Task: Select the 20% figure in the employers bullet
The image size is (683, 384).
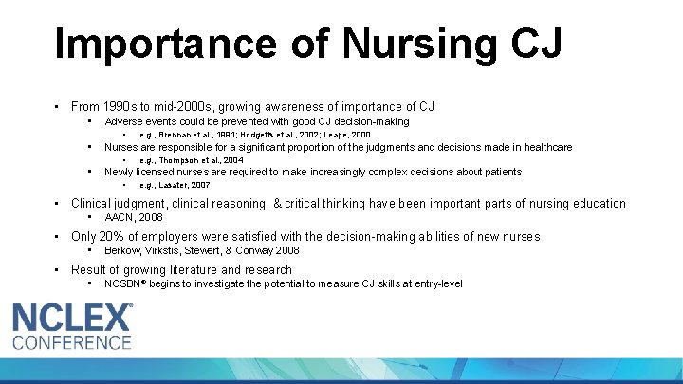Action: point(117,237)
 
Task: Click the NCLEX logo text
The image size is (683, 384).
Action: point(72,316)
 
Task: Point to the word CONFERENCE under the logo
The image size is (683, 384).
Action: point(72,341)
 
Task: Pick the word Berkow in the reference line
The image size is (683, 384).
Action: point(121,250)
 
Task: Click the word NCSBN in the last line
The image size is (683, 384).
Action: point(123,283)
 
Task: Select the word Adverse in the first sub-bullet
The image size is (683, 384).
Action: point(122,121)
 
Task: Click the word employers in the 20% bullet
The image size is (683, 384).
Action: point(178,237)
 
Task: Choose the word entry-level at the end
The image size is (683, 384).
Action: point(436,283)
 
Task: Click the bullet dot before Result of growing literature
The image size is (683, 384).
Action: point(58,270)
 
